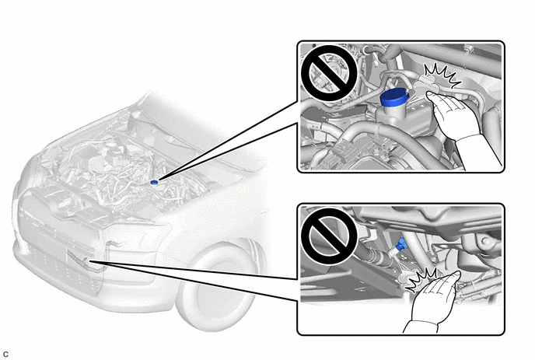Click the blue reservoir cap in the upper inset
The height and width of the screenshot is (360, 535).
click(393, 98)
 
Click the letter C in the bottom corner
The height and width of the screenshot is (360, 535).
click(5, 355)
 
